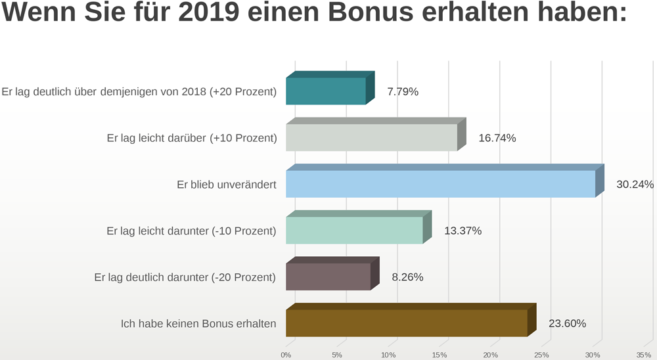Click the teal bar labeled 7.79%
tap(326, 91)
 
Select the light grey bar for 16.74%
tap(371, 137)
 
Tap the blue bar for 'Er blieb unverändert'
tap(440, 184)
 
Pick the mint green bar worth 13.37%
tap(354, 230)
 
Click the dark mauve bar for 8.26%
tap(328, 277)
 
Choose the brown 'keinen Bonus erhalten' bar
tap(407, 323)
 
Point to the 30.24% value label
tap(635, 185)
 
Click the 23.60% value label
tap(567, 323)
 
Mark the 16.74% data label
tap(497, 138)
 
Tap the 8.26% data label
tap(407, 277)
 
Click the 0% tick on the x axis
tap(286, 355)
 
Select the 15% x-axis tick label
tap(440, 355)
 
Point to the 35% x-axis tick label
tap(644, 355)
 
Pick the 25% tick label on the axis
tap(541, 355)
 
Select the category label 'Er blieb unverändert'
tap(227, 185)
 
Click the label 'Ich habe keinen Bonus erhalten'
tap(198, 323)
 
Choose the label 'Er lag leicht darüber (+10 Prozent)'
tap(191, 138)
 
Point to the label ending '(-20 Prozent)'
tap(185, 277)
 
